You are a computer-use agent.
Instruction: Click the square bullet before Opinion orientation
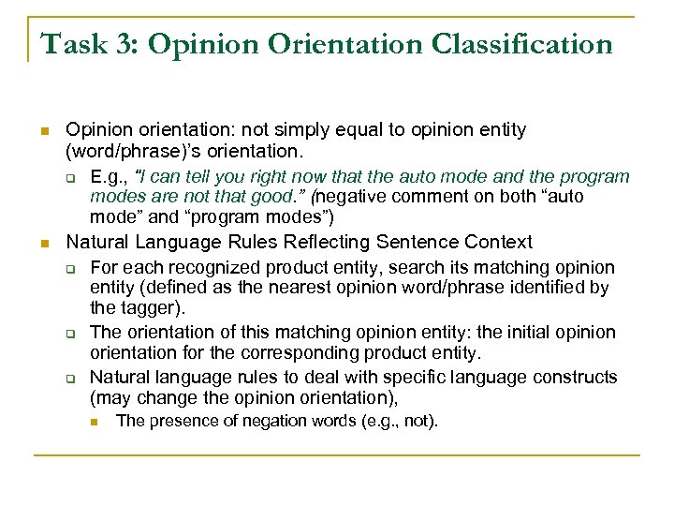coord(42,130)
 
